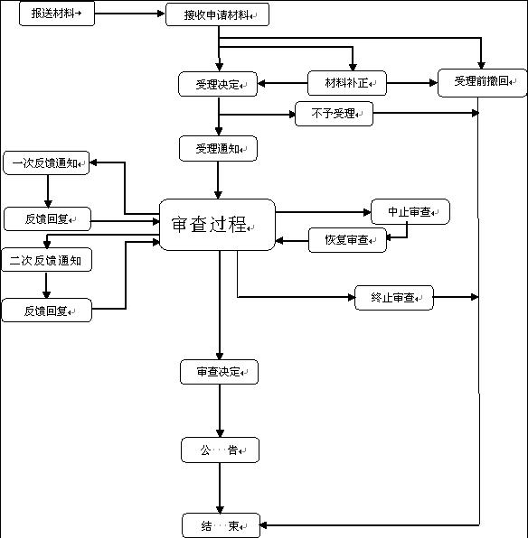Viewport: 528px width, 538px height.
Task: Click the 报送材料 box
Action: tap(56, 14)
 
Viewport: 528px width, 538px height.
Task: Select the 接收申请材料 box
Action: tap(217, 15)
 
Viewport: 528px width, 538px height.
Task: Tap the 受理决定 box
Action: tap(218, 85)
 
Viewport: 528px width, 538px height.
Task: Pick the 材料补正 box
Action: tap(347, 85)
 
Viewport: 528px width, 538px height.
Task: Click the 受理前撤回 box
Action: tap(481, 82)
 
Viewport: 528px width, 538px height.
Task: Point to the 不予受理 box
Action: tap(334, 114)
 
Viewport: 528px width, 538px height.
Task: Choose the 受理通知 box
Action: tap(218, 148)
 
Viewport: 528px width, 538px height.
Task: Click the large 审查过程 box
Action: tap(217, 225)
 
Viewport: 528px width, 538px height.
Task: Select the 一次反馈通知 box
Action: tap(45, 163)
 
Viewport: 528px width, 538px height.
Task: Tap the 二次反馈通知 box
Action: tap(46, 261)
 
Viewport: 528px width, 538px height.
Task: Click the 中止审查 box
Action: tap(410, 212)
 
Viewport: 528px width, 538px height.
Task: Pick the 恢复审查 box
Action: tap(347, 240)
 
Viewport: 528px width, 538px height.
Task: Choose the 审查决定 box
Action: tap(218, 371)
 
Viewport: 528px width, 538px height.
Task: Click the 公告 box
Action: tap(219, 450)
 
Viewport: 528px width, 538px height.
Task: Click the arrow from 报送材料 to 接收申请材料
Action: tap(129, 15)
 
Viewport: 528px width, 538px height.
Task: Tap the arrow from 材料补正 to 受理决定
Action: tap(282, 86)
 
